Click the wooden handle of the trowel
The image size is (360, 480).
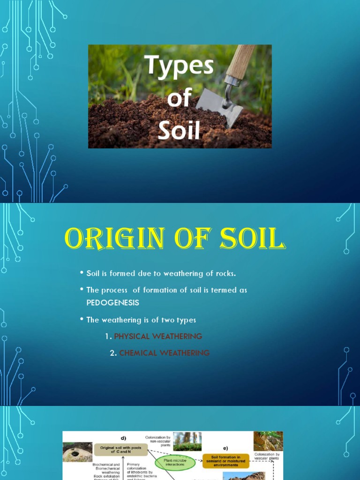pos(240,61)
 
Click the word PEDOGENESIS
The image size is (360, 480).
pos(113,303)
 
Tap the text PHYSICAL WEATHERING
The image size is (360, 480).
pos(158,336)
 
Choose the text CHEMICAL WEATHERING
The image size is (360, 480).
pos(164,353)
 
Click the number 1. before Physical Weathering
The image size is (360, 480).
pos(108,336)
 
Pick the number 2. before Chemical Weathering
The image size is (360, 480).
pos(113,353)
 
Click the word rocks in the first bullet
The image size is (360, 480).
pos(217,273)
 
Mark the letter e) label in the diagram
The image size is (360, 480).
pos(225,448)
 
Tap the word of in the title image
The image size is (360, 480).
pos(179,98)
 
